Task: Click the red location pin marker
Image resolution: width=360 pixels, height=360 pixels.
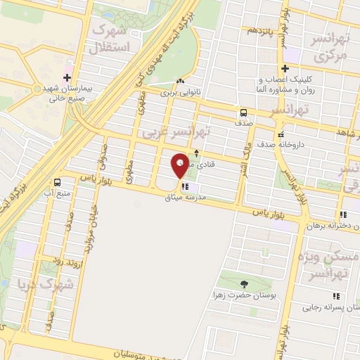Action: point(180,166)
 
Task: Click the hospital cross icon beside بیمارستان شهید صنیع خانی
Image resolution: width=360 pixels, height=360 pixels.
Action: point(67,77)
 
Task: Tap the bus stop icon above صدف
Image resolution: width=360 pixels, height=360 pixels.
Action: point(243,112)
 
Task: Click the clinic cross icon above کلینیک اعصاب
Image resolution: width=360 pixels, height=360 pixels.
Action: point(285,68)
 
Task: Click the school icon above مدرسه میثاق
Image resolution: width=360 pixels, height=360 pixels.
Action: point(185,187)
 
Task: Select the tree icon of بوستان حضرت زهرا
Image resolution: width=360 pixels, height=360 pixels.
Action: point(244,284)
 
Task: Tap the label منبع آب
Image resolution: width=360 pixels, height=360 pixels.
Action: point(58,192)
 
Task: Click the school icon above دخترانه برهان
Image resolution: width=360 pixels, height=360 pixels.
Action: point(342,214)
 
